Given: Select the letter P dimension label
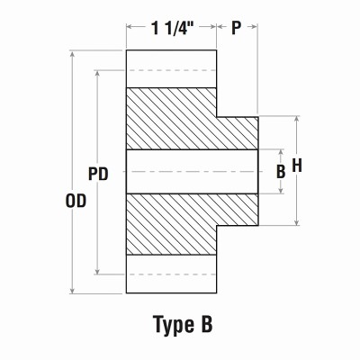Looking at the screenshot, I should click(x=237, y=29).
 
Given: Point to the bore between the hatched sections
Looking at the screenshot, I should click(x=180, y=171).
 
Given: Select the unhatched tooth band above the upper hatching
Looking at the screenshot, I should click(x=170, y=68).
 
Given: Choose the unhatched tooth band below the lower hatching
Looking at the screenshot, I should click(x=170, y=274).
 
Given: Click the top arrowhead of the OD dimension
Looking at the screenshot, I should click(x=71, y=55).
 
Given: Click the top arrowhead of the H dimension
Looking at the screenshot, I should click(x=297, y=119).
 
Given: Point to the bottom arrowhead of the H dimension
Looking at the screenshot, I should click(x=297, y=222).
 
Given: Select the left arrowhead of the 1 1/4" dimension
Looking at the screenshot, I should click(x=130, y=29).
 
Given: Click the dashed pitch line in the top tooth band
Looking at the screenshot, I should click(x=170, y=69).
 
